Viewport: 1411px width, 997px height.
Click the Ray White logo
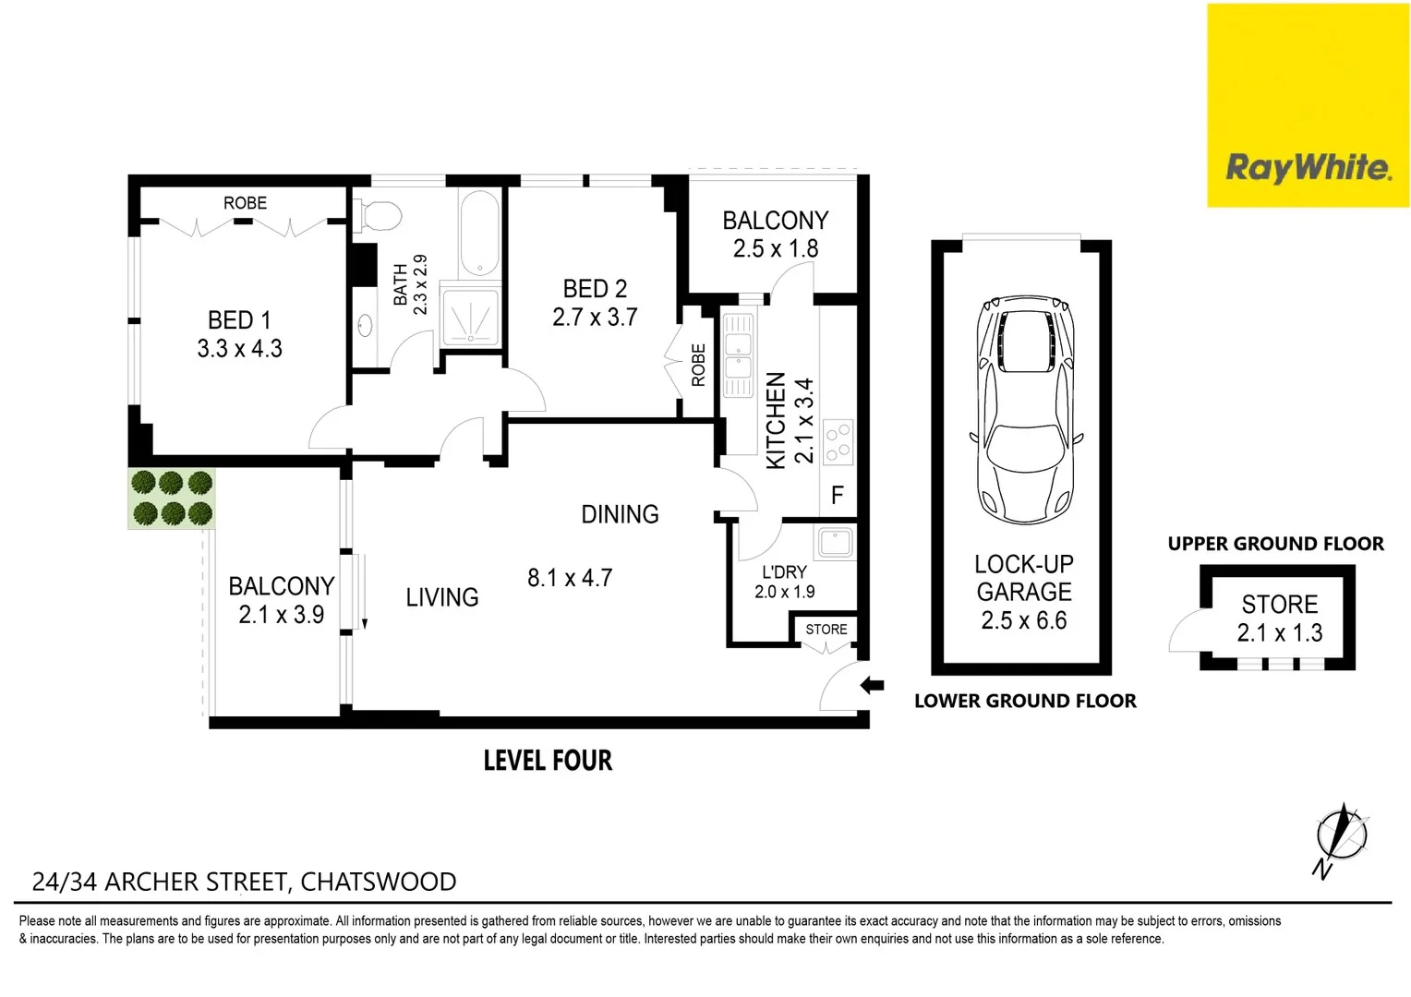coord(1308,168)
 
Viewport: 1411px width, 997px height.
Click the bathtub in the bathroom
coord(480,233)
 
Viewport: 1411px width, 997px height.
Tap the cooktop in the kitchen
coord(838,442)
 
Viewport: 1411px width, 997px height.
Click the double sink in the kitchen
coord(738,356)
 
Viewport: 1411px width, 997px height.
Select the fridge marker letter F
coord(837,496)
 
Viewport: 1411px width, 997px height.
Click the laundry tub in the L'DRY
coord(835,542)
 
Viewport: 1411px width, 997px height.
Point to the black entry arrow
coord(872,686)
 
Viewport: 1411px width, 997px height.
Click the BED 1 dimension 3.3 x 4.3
coord(239,349)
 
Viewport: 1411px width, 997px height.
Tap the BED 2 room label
coord(595,289)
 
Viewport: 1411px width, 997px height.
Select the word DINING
coord(620,514)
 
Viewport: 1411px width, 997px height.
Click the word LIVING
coord(442,597)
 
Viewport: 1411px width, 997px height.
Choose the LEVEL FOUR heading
coord(548,761)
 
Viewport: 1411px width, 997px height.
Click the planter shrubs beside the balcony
coord(172,498)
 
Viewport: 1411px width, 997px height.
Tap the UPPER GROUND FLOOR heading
coord(1275,544)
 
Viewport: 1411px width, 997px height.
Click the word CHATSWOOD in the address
coord(379,882)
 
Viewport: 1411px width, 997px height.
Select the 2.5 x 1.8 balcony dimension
coord(776,249)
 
